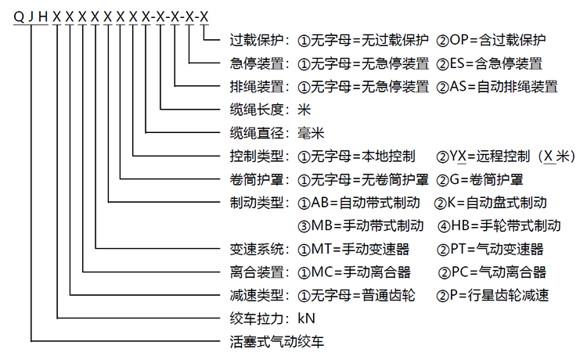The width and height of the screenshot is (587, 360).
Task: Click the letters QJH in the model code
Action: pyautogui.click(x=31, y=17)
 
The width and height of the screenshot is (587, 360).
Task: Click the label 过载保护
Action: pyautogui.click(x=257, y=40)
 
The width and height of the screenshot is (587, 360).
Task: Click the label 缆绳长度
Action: pyautogui.click(x=257, y=110)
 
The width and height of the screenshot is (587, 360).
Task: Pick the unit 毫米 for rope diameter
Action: pyautogui.click(x=311, y=133)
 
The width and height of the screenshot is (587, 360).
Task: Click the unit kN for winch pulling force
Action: pyautogui.click(x=306, y=319)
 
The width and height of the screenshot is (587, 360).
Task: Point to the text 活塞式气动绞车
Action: pyautogui.click(x=276, y=342)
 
